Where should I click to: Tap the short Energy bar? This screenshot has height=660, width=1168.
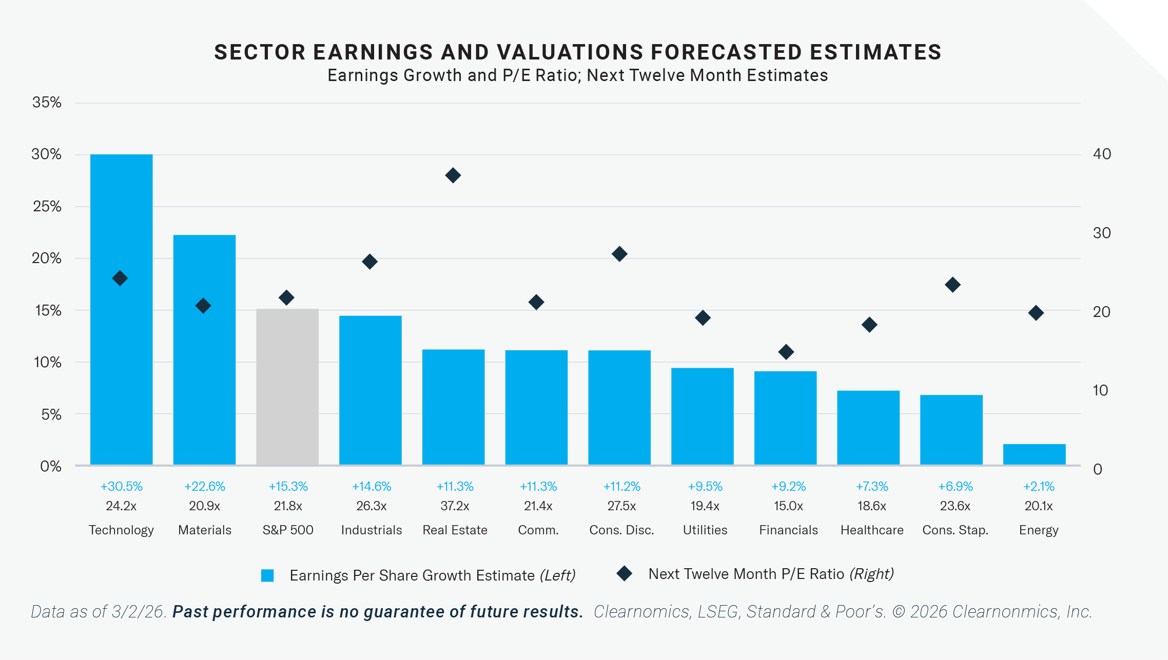click(x=1034, y=454)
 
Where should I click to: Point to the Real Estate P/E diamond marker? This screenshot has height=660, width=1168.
click(x=453, y=175)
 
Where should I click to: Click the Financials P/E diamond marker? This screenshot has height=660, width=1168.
click(x=786, y=352)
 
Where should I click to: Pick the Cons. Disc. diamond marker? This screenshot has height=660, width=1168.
click(x=619, y=254)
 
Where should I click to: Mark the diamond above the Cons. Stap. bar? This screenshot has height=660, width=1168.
click(x=952, y=285)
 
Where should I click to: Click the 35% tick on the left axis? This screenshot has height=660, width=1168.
click(x=47, y=103)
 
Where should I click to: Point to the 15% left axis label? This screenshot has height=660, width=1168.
click(x=48, y=311)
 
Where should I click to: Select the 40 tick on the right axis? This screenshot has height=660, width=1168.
click(x=1102, y=154)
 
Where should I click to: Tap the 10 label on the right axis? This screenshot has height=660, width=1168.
click(x=1100, y=390)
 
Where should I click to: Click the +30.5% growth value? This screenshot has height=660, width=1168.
click(x=121, y=486)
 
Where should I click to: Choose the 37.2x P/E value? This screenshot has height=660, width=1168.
click(x=455, y=506)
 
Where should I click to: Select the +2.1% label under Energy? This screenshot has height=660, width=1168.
click(x=1039, y=486)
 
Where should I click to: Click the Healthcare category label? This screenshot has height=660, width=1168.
click(x=872, y=530)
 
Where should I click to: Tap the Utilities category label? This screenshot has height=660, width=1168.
click(x=705, y=530)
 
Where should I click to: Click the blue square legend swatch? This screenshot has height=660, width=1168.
click(x=267, y=575)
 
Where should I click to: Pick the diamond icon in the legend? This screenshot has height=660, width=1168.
click(x=624, y=573)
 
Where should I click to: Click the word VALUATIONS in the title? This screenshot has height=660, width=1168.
click(x=570, y=52)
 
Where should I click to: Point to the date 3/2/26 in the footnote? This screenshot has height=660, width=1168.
click(x=138, y=612)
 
